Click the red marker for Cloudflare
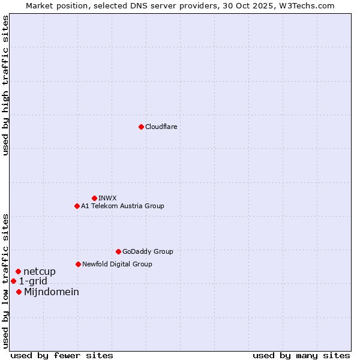[x=141, y=127]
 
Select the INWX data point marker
[x=94, y=198]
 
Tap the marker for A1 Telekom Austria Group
[x=77, y=206]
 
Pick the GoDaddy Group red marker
[x=118, y=251]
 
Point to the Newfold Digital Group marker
[x=78, y=264]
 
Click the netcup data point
[x=18, y=272]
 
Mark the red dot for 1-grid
[x=13, y=281]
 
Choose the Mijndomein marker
[x=19, y=292]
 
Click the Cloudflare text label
[x=161, y=127]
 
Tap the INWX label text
[x=107, y=198]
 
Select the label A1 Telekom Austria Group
[x=122, y=206]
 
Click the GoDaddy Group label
[x=148, y=251]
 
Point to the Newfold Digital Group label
[x=117, y=264]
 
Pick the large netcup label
[x=40, y=272]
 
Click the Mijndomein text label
[x=52, y=292]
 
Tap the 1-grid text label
[x=33, y=281]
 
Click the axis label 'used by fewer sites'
[x=62, y=355]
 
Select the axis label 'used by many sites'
[x=301, y=355]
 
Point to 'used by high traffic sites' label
[x=6, y=85]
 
